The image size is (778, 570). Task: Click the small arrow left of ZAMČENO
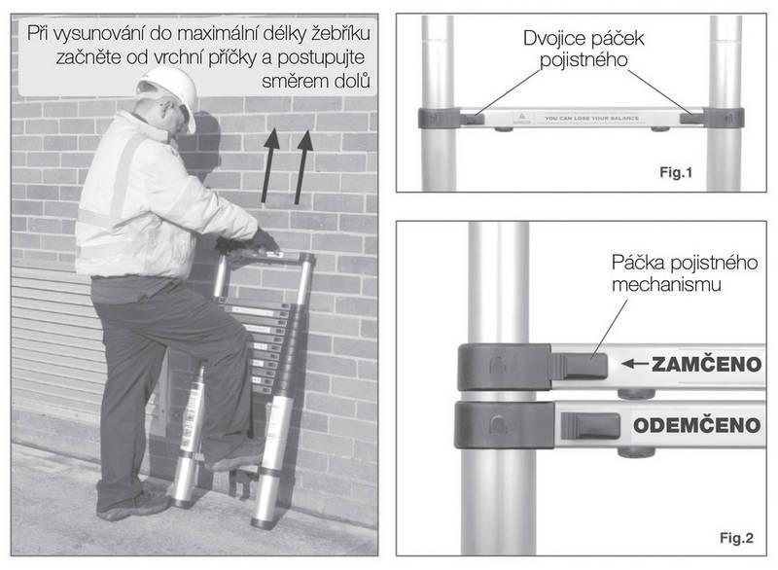[x=635, y=365]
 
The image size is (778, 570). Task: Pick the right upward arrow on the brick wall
[x=304, y=165]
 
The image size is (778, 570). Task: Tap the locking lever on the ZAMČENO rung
[x=580, y=366]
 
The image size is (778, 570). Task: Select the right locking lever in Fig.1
[x=691, y=119]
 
